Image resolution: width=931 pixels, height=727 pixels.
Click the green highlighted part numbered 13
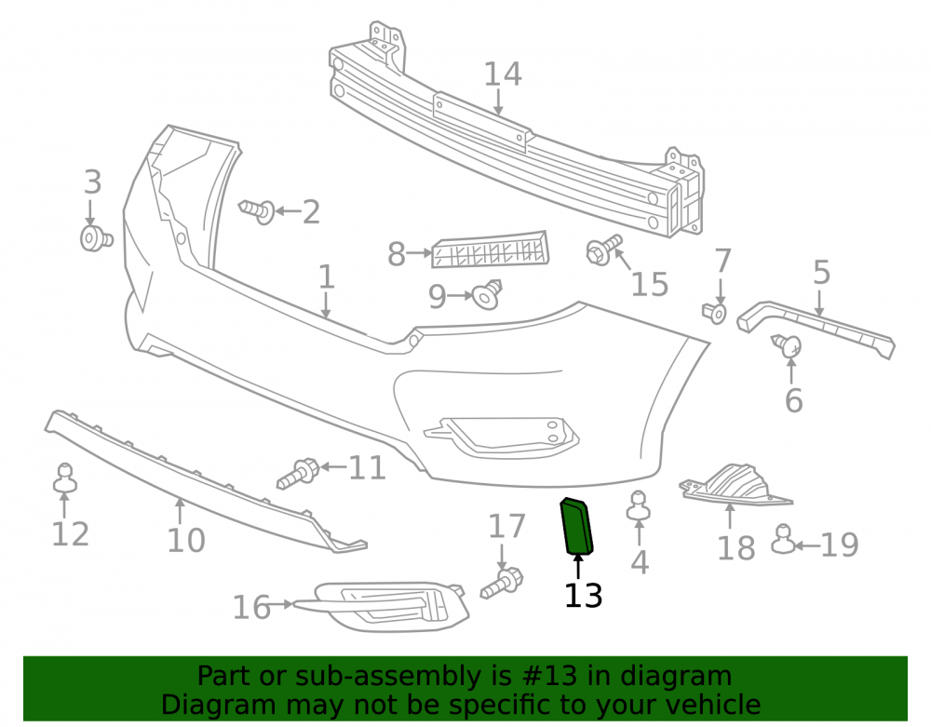[x=576, y=526]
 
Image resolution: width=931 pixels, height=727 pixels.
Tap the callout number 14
[x=503, y=74]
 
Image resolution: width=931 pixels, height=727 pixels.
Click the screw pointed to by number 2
[x=257, y=211]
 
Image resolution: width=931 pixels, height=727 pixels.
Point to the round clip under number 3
[x=96, y=238]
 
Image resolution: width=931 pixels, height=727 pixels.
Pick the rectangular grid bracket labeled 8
[x=491, y=249]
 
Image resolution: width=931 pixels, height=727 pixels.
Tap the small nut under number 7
[x=714, y=313]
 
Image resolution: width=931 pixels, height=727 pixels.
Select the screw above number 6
[x=787, y=346]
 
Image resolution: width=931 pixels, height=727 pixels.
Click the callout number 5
[x=821, y=273]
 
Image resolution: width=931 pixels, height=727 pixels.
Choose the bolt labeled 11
[x=299, y=474]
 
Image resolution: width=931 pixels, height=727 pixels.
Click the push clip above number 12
[x=65, y=478]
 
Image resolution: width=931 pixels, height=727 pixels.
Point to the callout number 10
[x=186, y=540]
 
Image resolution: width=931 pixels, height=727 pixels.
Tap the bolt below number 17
[x=502, y=584]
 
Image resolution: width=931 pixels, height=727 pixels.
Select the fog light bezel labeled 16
[x=380, y=607]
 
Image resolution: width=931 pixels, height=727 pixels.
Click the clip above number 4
[x=639, y=505]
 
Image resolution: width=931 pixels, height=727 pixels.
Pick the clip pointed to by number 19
[x=783, y=539]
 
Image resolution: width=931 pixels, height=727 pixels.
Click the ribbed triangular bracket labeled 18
[x=736, y=484]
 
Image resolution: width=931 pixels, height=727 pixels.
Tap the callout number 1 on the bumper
[x=327, y=277]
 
